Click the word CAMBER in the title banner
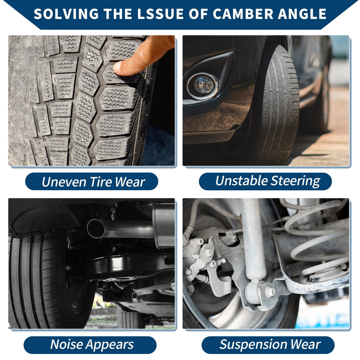(243, 14)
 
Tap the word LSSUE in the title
(160, 14)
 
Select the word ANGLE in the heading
(302, 14)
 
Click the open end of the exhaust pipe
(96, 229)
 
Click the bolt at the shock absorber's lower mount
(270, 291)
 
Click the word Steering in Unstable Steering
(295, 181)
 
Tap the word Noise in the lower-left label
(67, 345)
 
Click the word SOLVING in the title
(66, 14)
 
